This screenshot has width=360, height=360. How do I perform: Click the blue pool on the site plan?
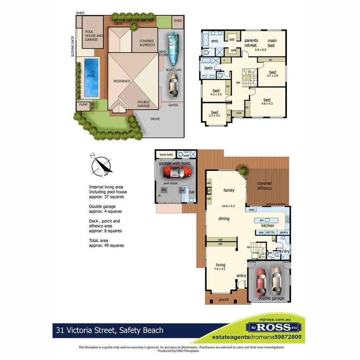pos(91,78)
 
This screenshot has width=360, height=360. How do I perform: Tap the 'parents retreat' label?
pos(251,43)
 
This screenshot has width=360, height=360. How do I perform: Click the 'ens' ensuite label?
pos(215,41)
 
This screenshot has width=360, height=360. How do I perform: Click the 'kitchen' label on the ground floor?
pos(268,225)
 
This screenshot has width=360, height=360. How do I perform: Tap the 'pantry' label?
pos(284,233)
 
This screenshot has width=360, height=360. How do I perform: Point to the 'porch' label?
pos(224,299)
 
